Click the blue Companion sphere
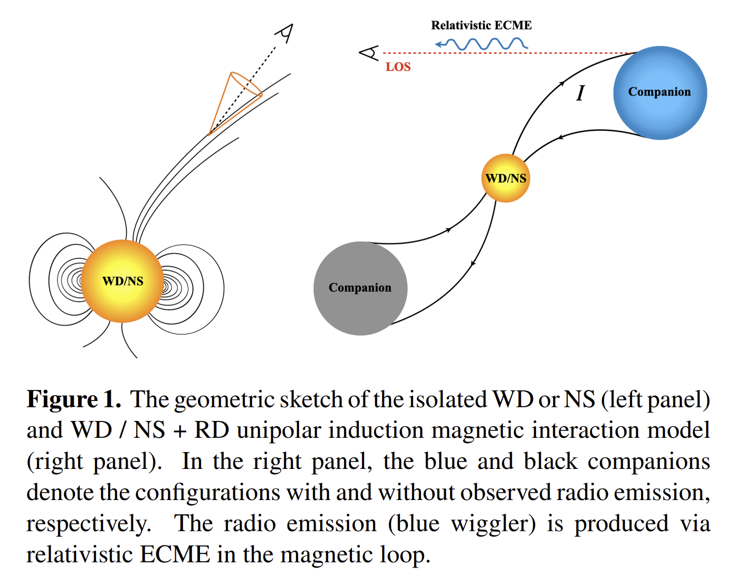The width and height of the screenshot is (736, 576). [660, 93]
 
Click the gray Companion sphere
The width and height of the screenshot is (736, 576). [360, 288]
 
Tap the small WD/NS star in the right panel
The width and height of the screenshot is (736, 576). [505, 178]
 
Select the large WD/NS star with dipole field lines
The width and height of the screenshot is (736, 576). [122, 281]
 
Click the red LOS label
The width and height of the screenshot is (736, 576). [398, 66]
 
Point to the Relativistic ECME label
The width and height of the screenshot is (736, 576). [481, 25]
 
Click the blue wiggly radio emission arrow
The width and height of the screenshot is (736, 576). [481, 44]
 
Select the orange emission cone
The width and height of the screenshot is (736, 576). [235, 103]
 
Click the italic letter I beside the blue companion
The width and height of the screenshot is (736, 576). [580, 93]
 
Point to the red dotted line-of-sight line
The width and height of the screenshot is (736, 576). [510, 53]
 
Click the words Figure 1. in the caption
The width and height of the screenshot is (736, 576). [74, 399]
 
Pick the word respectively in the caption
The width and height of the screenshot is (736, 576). [89, 524]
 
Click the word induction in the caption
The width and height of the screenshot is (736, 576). [376, 430]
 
